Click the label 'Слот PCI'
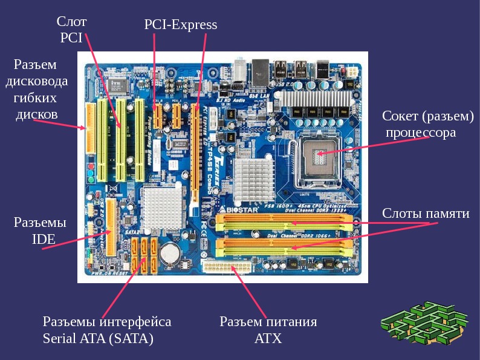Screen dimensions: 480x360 (x=73, y=29)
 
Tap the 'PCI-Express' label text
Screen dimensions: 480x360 (x=180, y=25)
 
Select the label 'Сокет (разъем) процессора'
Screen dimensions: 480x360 (x=427, y=124)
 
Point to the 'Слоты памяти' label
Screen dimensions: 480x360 (x=426, y=214)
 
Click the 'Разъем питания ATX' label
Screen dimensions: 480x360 (x=268, y=330)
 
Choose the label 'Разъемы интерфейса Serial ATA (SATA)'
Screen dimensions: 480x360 (x=106, y=330)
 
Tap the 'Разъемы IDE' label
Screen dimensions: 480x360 (x=40, y=231)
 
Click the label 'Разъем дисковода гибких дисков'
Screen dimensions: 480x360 (x=37, y=89)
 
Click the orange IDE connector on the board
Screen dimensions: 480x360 (x=112, y=227)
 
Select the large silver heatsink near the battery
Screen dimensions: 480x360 (x=163, y=206)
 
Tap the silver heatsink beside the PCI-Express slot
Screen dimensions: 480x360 (x=250, y=175)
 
